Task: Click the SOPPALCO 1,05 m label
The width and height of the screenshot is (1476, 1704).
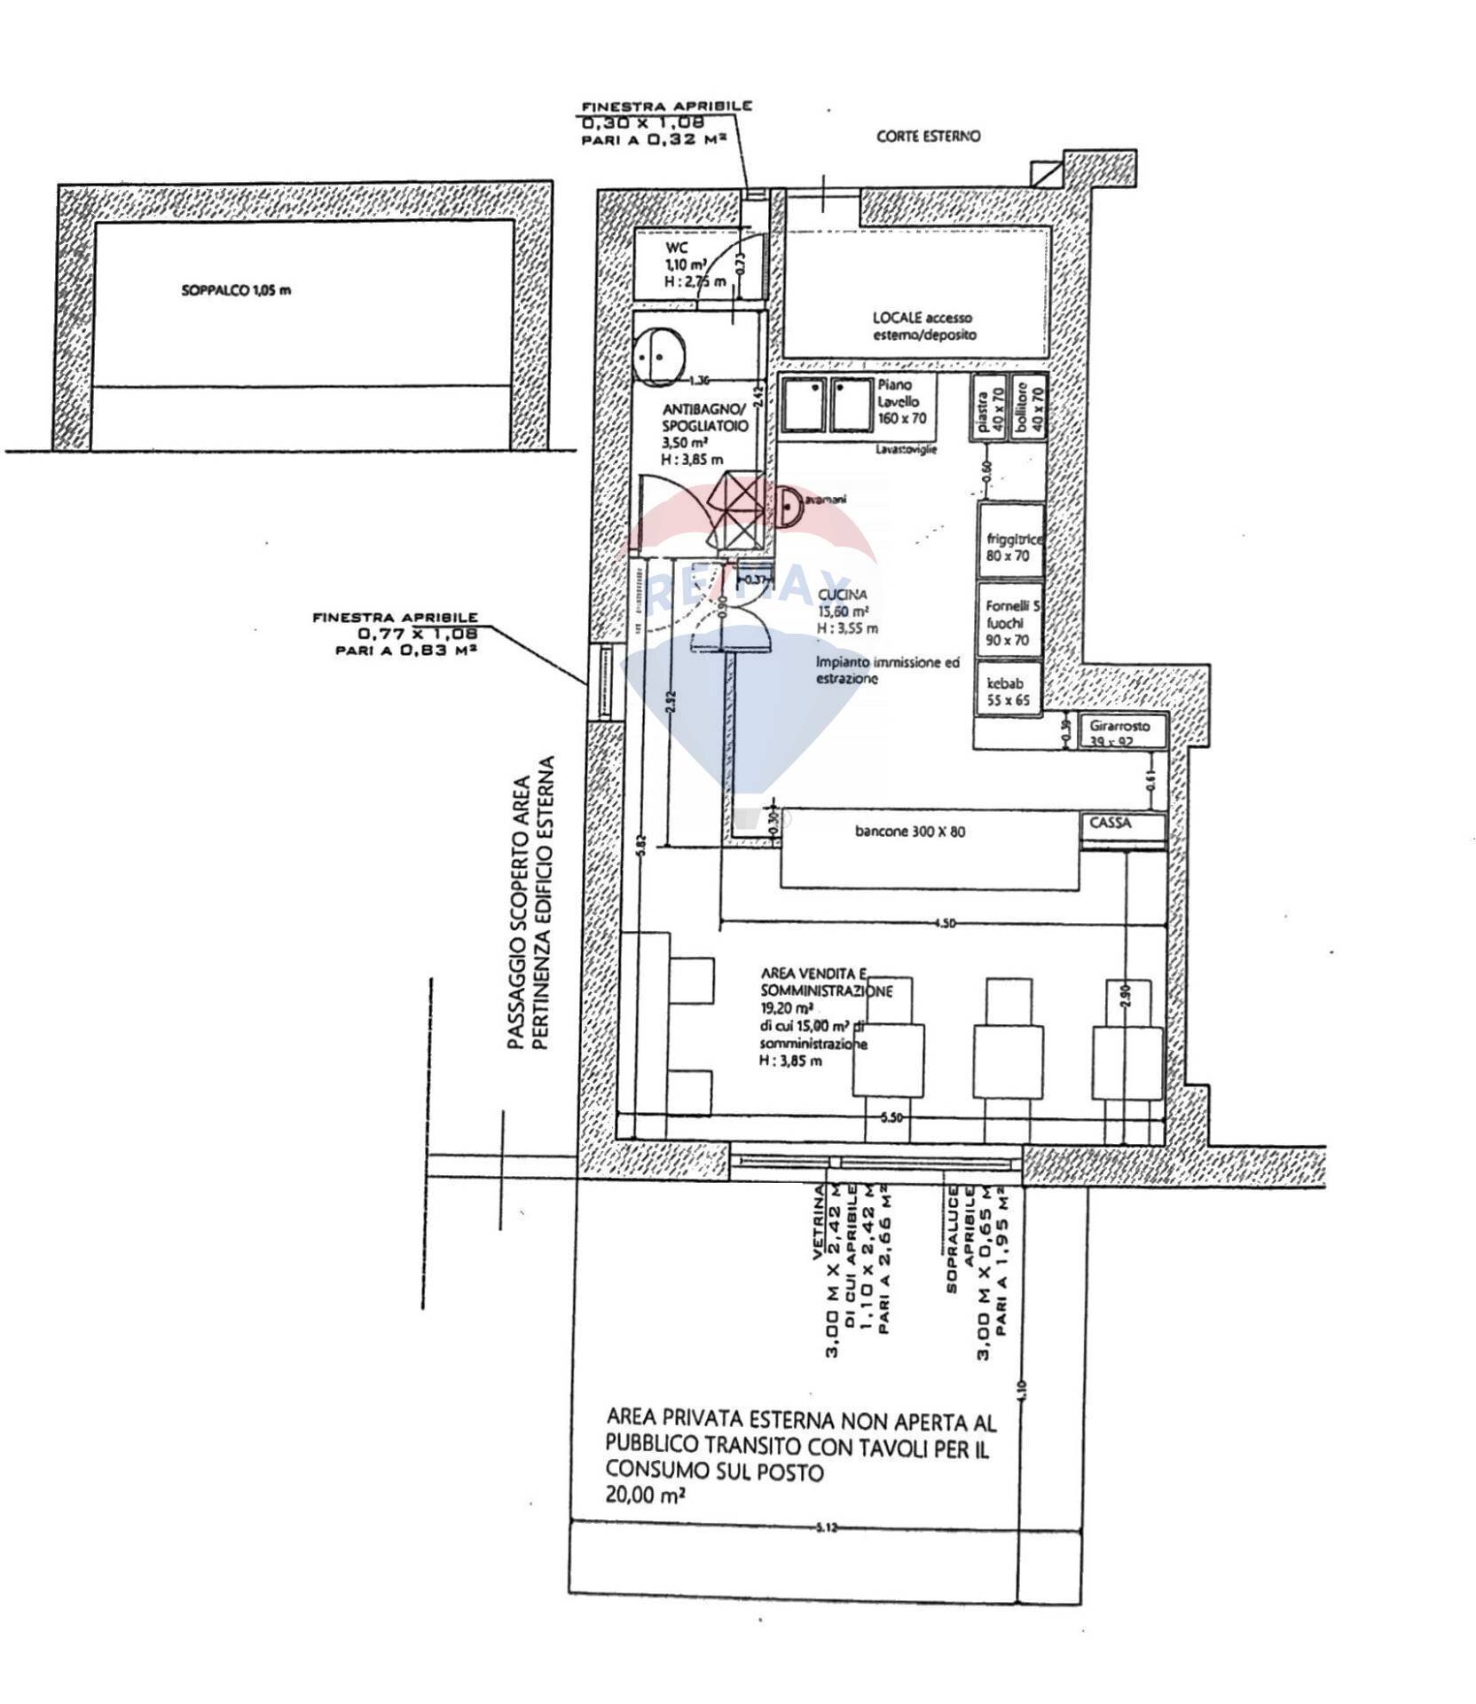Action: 236,290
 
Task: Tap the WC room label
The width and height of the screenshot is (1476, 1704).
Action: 676,248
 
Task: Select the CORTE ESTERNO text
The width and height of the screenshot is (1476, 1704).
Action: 929,137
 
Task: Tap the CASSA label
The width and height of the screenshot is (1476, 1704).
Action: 1111,824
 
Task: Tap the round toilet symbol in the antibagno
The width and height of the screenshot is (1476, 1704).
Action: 660,357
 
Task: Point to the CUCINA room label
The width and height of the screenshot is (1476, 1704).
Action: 843,596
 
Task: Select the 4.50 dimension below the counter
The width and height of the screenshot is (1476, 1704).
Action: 944,925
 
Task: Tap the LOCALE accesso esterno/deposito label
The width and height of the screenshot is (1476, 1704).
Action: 922,326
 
